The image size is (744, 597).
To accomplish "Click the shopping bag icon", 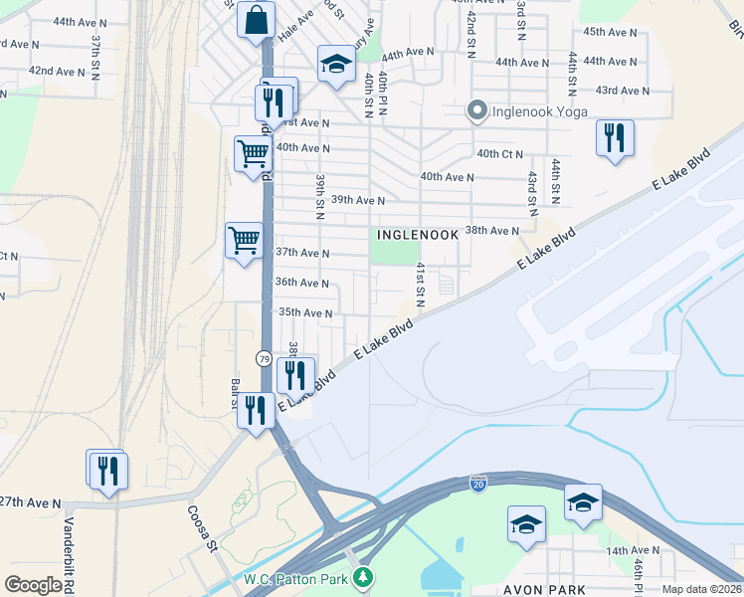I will (256, 20).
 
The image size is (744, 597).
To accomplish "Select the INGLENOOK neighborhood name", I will (418, 235).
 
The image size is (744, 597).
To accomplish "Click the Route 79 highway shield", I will (264, 357).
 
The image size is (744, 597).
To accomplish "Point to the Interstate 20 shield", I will (478, 482).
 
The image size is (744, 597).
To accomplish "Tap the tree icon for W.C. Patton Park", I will (365, 577).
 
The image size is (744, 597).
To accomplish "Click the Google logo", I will (33, 585).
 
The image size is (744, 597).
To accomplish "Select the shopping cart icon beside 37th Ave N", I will (244, 240).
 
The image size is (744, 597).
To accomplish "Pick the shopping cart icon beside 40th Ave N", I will (254, 154).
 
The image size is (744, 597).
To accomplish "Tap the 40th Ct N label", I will (500, 154).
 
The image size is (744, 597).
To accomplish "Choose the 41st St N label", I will (421, 286).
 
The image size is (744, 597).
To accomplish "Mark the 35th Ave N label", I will (303, 312).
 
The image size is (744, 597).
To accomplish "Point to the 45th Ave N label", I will (610, 32).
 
